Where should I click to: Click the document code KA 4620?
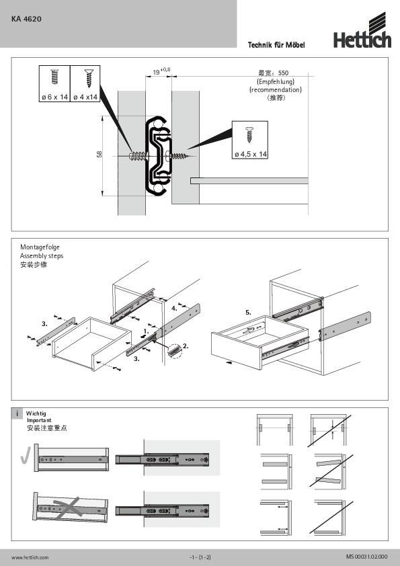coord(26,19)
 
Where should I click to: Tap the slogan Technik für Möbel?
coord(277,44)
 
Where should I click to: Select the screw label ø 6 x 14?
coord(54,97)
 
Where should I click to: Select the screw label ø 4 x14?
coord(85,97)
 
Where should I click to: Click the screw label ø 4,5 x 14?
coord(251,155)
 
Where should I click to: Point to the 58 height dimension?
coord(99,155)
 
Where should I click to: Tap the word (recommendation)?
coord(275,89)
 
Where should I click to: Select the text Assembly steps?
coord(42,256)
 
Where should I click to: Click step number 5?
coord(248,313)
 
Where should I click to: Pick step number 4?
coord(174,308)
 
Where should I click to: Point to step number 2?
coord(186,346)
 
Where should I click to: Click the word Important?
coord(39,420)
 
